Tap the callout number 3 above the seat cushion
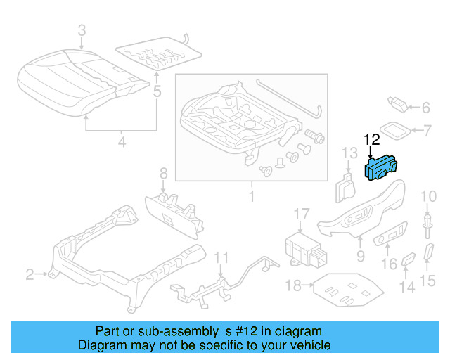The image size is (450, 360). pyautogui.click(x=82, y=30)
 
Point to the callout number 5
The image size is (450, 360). pyautogui.click(x=157, y=91)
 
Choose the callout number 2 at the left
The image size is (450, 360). pyautogui.click(x=30, y=274)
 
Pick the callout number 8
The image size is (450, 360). pyautogui.click(x=163, y=173)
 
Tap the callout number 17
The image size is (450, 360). pyautogui.click(x=301, y=214)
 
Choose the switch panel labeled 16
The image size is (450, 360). pyautogui.click(x=390, y=237)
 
